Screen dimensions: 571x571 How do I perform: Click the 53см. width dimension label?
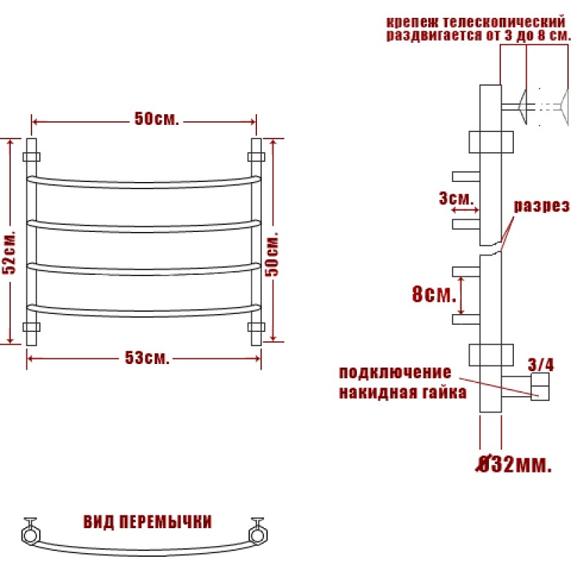pos(147,358)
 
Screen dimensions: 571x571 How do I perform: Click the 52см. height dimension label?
pos(9,252)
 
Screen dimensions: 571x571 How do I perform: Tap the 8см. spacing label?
pos(434,294)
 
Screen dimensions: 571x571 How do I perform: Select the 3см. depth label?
pos(456,198)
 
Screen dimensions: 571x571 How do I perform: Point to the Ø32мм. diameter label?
pos(513,465)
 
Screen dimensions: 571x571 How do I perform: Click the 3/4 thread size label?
pos(541,365)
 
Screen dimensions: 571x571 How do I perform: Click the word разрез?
pos(541,206)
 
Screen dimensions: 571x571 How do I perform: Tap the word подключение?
pos(395,373)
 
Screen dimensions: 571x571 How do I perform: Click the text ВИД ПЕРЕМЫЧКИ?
pos(148,522)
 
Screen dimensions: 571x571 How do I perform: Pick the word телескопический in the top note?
pos(504,22)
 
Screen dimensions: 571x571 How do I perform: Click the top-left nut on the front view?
pos(31,157)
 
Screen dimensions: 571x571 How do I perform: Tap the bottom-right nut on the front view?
pos(256,327)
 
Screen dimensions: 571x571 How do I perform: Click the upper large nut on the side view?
pos(491,142)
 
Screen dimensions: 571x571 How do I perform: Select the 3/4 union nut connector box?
pos(540,386)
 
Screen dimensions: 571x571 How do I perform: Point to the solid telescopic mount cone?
pos(522,106)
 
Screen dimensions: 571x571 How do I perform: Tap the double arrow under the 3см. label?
pos(465,210)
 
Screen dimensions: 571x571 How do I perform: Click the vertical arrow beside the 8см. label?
pos(461,295)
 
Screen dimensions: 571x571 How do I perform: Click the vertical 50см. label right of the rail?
pos(272,253)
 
